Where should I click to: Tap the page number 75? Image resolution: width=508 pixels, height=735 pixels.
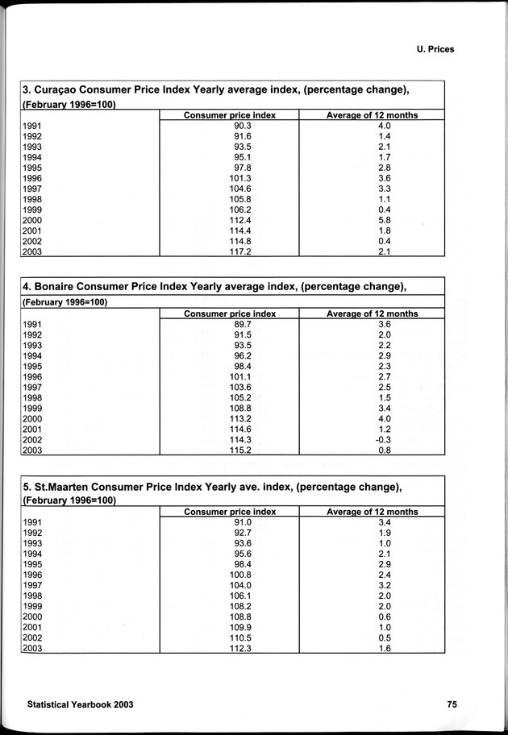[x=452, y=704]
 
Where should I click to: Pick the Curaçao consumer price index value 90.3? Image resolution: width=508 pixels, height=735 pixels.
[x=230, y=127]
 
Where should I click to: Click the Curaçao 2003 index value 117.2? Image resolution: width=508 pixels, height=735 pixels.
[x=230, y=252]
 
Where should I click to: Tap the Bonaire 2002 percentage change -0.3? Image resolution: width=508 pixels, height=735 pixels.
[x=372, y=440]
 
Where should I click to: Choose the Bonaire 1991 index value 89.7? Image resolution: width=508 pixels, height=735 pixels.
[x=230, y=325]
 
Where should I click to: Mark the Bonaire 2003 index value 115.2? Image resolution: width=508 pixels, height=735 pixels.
[x=230, y=451]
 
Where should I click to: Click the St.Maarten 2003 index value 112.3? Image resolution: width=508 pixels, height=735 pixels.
[x=230, y=649]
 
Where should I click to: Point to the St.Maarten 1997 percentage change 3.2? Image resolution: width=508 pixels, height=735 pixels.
[x=372, y=586]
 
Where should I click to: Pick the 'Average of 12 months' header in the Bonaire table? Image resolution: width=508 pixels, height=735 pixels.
[x=372, y=314]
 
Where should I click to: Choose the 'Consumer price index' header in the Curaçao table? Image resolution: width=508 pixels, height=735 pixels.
[x=230, y=115]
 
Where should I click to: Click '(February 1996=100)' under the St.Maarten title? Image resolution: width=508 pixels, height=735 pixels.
[x=69, y=500]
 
